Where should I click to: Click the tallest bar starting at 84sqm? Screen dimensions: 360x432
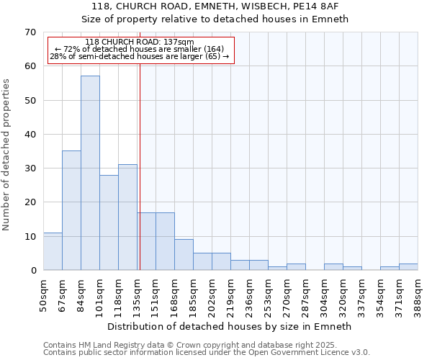[90, 173]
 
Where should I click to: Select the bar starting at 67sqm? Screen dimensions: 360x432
[71, 210]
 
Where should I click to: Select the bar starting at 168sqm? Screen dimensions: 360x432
[184, 255]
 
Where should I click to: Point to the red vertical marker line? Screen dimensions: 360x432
[140, 166]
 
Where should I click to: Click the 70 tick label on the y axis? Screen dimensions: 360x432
[30, 32]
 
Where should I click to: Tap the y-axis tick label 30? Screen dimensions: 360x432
[30, 168]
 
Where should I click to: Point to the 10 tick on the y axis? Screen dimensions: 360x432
[30, 237]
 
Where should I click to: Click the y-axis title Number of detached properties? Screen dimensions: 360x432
[7, 155]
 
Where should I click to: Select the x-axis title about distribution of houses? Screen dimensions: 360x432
[230, 326]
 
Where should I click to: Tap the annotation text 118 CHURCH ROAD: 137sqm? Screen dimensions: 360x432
[139, 42]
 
